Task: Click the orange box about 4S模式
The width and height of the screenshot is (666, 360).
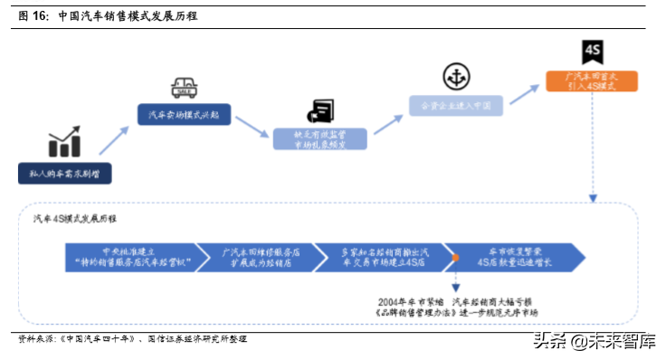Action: point(591,81)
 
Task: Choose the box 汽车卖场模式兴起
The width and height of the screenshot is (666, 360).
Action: point(184,115)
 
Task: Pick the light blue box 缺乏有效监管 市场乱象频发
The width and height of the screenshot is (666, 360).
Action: point(320,139)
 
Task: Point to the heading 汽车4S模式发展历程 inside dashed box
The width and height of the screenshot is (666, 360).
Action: point(74,219)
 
